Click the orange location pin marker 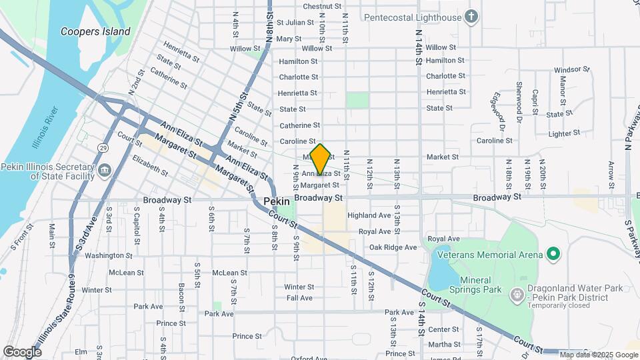click(320, 160)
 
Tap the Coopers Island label click(95, 31)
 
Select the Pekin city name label click(276, 201)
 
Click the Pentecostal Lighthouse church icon click(472, 16)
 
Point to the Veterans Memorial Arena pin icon click(552, 254)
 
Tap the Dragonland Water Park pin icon click(516, 294)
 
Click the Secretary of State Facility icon click(104, 171)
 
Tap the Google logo click(22, 351)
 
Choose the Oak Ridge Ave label click(393, 247)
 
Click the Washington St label click(104, 255)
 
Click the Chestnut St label click(317, 6)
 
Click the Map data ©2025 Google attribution click(599, 355)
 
